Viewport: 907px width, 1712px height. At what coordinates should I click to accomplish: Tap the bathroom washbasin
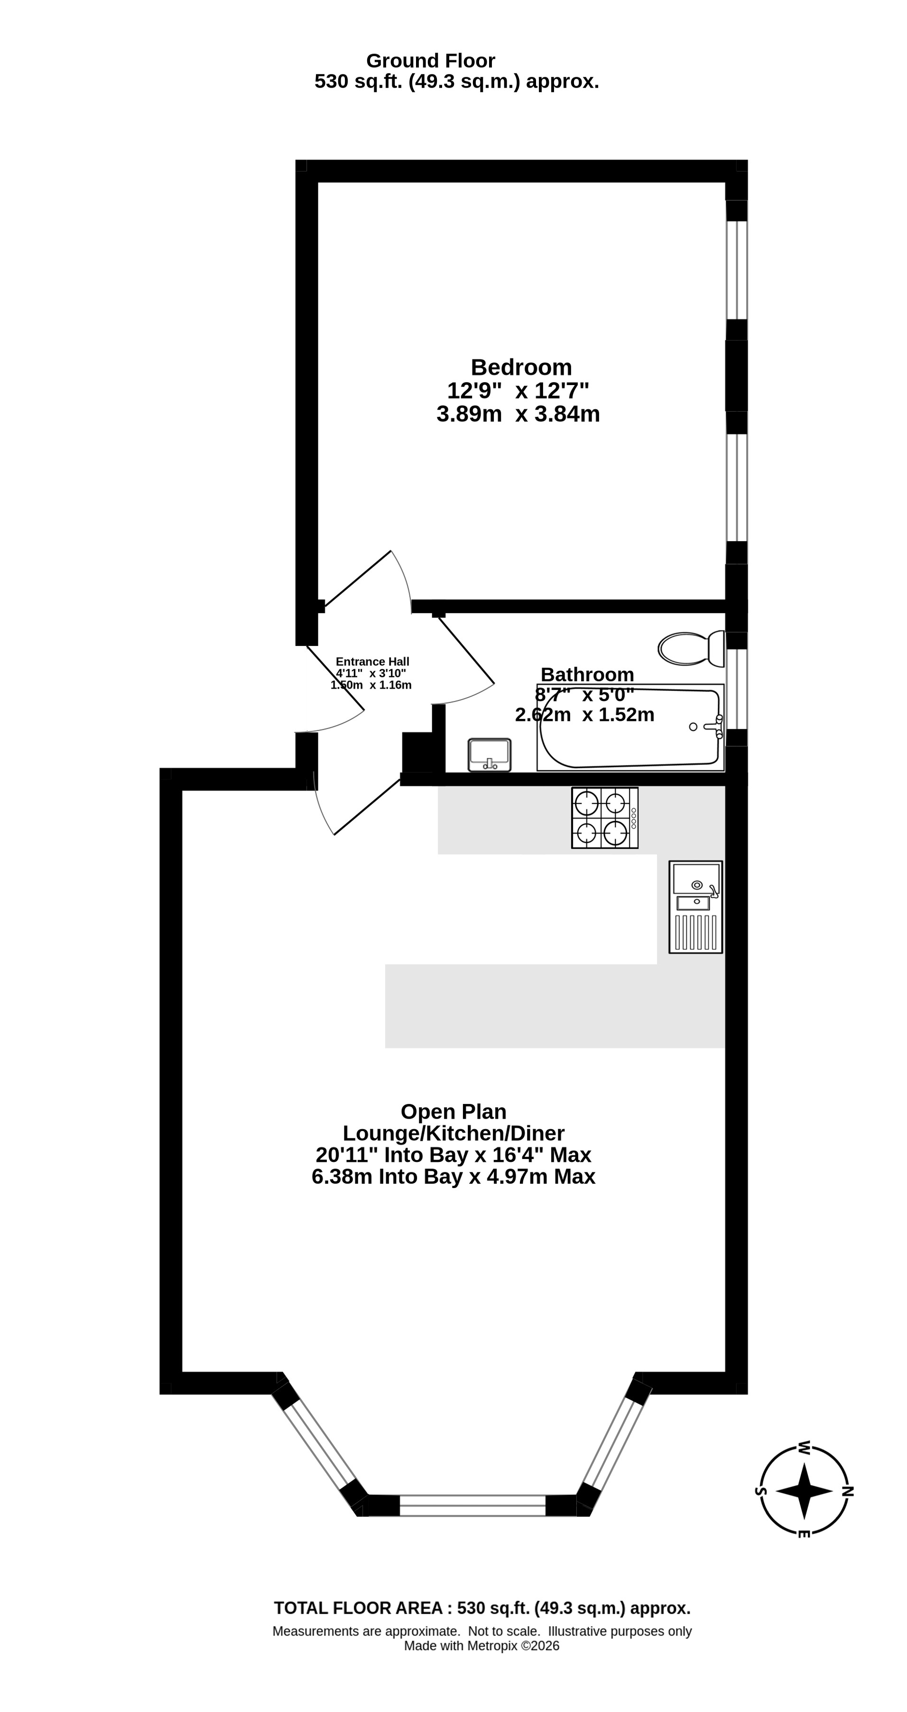(490, 755)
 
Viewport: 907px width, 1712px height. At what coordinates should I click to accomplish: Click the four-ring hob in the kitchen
(604, 818)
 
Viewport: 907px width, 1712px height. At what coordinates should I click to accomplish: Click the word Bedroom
(521, 367)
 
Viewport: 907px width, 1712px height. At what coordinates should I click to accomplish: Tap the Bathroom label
(587, 674)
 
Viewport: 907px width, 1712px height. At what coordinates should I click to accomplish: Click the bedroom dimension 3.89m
(469, 414)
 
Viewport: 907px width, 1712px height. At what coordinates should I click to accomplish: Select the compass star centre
(804, 1491)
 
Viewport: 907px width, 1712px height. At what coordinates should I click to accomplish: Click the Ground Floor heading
(431, 61)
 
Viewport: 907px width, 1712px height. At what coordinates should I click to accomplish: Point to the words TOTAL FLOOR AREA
(359, 1608)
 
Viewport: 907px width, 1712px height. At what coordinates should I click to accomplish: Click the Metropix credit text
(482, 1646)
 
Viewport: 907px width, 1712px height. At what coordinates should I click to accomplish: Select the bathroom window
(736, 689)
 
